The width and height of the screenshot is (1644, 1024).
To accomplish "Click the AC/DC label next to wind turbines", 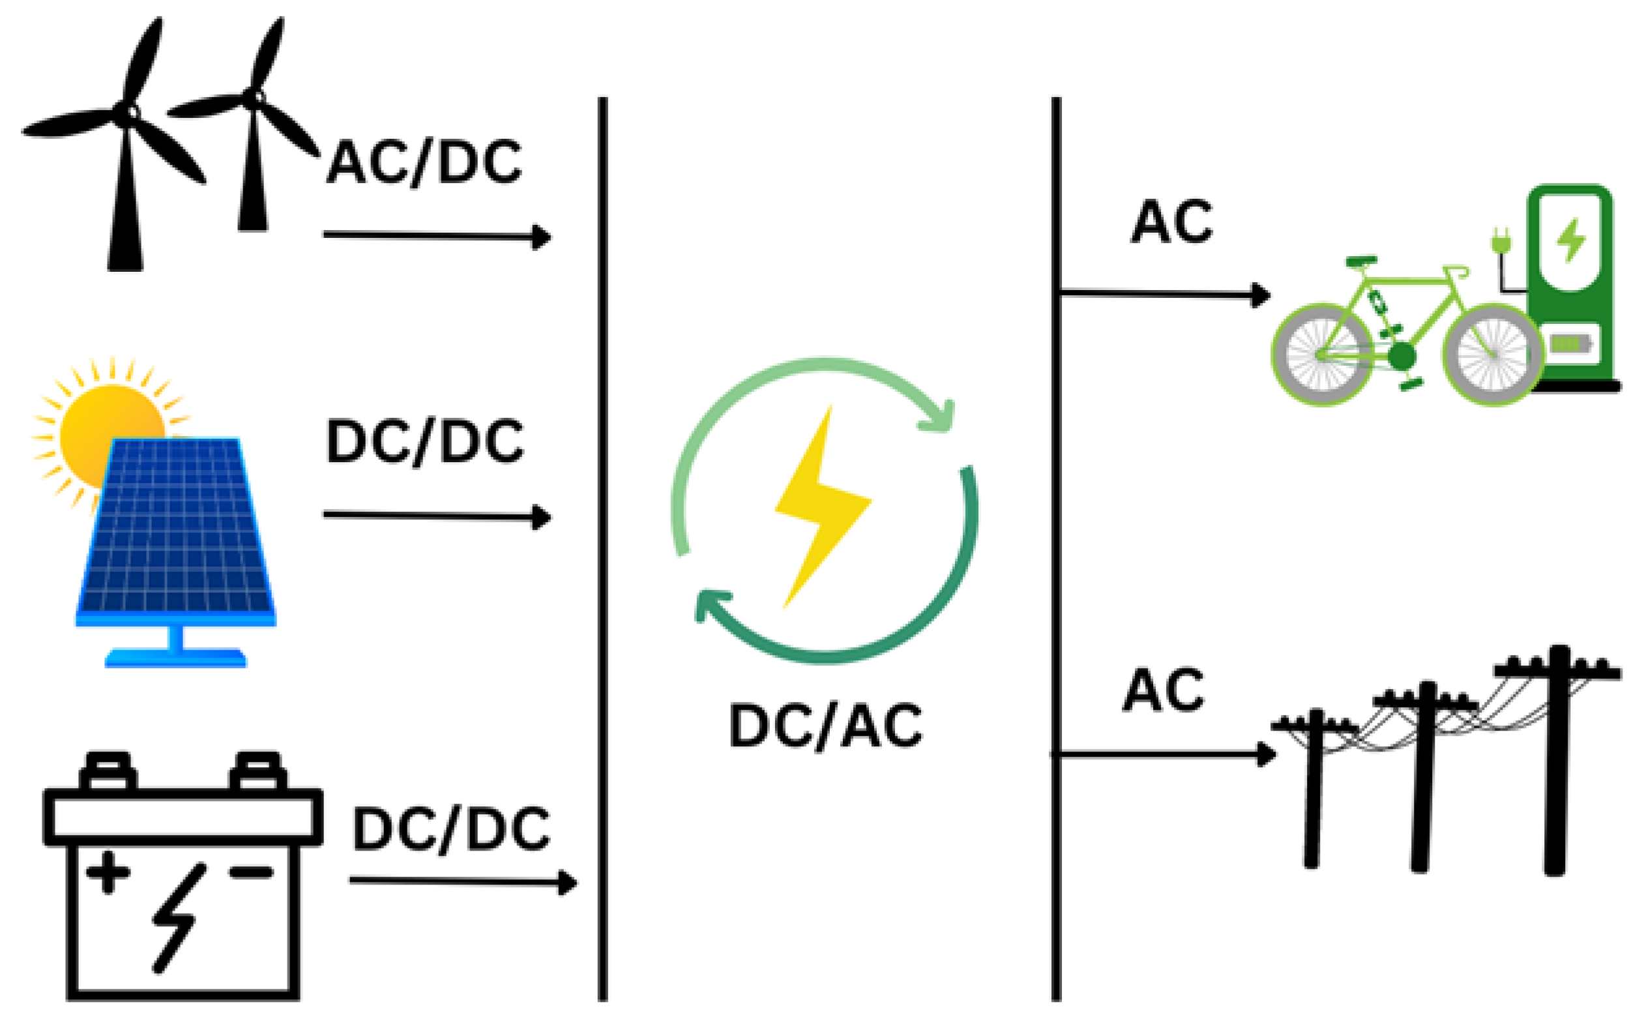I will (x=424, y=162).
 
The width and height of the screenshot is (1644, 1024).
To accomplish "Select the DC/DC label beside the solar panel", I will (x=424, y=441).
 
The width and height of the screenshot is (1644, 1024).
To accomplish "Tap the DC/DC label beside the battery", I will (x=451, y=829).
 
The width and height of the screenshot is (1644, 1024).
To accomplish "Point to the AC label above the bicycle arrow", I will (x=1171, y=222).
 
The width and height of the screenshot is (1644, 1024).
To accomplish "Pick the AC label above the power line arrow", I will (x=1164, y=690).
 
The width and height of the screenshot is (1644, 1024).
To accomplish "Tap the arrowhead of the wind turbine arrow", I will (x=542, y=237).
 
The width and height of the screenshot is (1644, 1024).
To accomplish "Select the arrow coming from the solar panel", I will (x=437, y=516).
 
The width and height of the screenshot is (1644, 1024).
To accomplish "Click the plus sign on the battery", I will (x=108, y=871).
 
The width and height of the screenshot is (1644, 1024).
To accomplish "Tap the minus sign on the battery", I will (x=250, y=871).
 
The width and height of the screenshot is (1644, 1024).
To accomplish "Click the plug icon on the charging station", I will (x=1501, y=242).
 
